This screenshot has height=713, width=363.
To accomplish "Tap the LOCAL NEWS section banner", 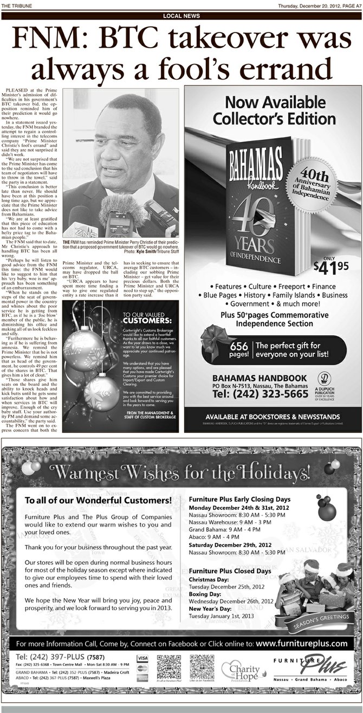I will click(181, 16).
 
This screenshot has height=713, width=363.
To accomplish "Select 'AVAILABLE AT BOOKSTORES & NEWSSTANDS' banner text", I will click(273, 416).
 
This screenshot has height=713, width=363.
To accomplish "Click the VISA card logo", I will click(142, 658).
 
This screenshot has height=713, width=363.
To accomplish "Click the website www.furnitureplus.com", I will click(301, 644).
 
